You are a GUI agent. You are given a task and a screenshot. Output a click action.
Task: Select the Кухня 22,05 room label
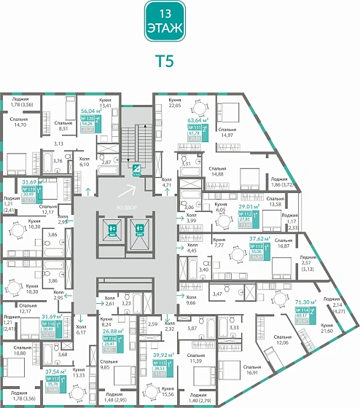point(174,103)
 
